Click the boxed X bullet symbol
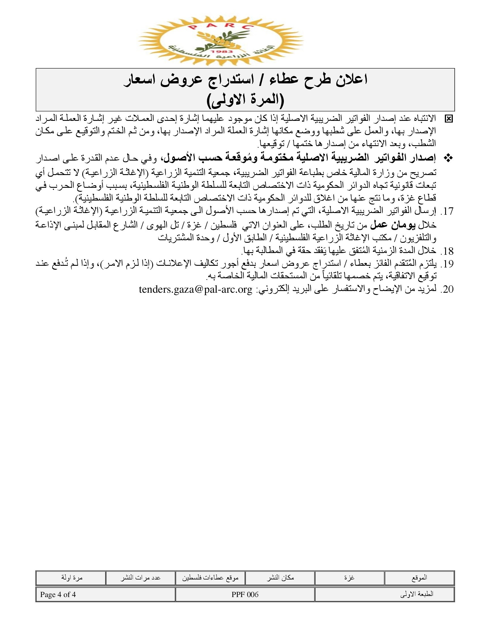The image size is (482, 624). [449, 119]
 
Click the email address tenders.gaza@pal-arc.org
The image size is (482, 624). [196, 290]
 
